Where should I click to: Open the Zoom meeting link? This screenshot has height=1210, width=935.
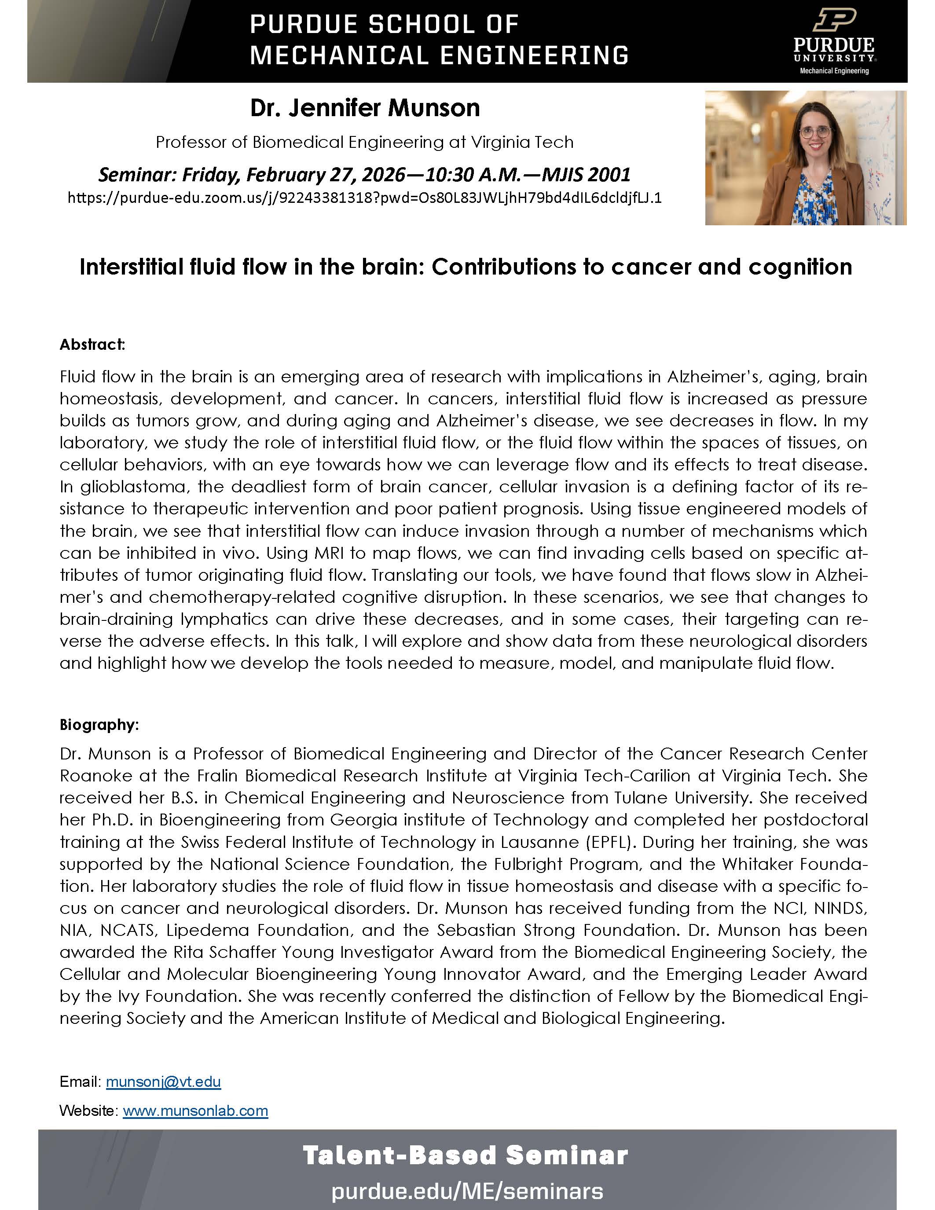point(364,198)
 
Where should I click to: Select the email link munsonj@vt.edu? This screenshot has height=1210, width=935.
point(163,1082)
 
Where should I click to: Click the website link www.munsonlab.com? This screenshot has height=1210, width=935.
point(195,1111)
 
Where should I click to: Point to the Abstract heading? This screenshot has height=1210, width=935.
point(92,345)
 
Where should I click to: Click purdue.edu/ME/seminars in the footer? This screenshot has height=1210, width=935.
point(467,1191)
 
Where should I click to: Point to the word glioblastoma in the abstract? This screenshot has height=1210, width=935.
point(124,487)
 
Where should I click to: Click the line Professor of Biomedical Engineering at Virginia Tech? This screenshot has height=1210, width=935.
point(364,143)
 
